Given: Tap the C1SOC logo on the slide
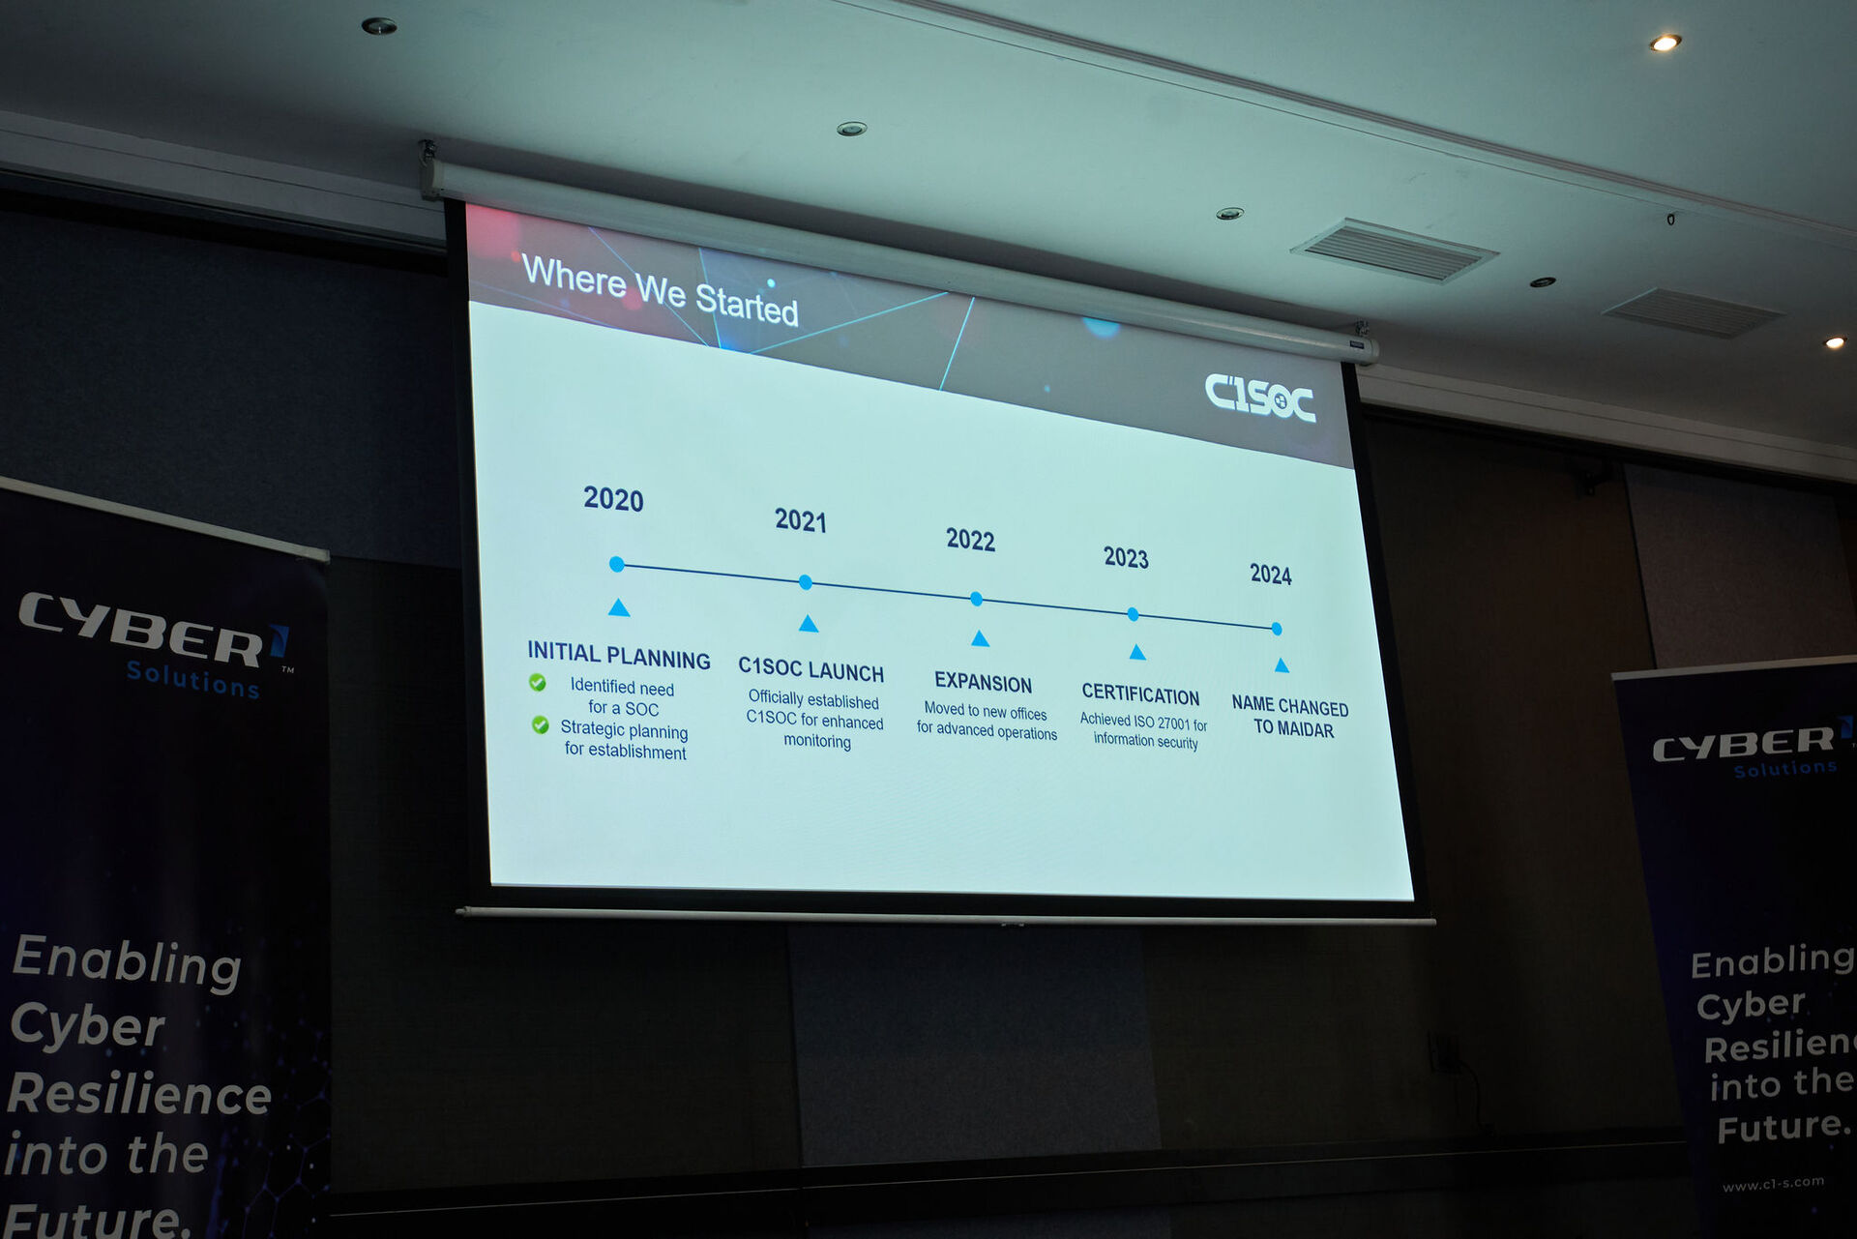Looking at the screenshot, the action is click(1259, 398).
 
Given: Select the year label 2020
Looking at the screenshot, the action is click(613, 499).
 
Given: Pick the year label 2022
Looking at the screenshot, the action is click(970, 540).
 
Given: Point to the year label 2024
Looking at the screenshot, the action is click(1270, 575).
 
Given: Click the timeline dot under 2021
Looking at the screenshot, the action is click(806, 582).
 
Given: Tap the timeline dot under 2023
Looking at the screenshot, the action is click(1133, 614).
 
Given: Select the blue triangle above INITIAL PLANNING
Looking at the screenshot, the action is click(619, 607).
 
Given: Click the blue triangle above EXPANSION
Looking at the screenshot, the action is click(980, 638).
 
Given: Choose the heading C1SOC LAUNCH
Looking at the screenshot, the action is click(811, 669).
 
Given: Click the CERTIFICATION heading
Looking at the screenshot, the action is click(1140, 694).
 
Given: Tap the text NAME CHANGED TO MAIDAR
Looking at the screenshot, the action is click(1290, 717).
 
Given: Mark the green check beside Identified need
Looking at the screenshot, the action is click(538, 683).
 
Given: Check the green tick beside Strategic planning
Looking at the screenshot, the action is click(541, 724).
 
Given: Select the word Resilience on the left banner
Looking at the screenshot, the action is click(139, 1094).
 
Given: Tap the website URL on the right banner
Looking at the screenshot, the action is click(1773, 1184).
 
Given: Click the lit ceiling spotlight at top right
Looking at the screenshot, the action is click(1665, 43).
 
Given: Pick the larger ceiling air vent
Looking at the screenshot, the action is click(1394, 251).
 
